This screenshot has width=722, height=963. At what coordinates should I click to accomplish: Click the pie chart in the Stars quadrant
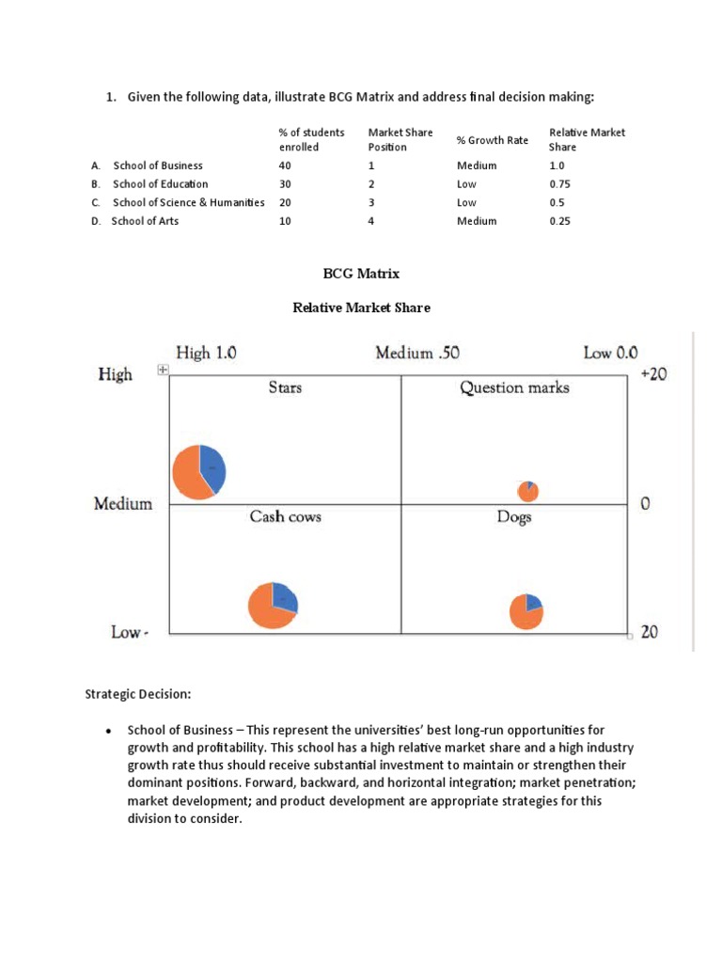coord(199,470)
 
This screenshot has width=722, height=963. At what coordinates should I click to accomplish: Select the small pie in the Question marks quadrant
coord(528,491)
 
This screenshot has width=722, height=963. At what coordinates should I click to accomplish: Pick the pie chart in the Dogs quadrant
coord(526,610)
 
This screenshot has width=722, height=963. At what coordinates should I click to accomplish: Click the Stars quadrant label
coord(285,387)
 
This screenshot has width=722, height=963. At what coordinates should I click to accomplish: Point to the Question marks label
coord(514,387)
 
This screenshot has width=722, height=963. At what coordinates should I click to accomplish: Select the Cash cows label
coord(285,516)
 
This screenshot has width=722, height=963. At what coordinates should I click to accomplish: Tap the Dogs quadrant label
coord(514,517)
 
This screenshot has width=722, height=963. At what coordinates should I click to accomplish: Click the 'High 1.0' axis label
coord(206,354)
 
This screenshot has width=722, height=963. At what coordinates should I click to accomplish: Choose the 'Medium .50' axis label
coord(417,354)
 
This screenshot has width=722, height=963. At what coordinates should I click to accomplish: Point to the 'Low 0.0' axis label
coord(610,354)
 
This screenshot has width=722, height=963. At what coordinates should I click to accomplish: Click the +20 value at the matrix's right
coord(653,374)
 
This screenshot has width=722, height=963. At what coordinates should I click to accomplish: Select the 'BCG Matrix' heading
coord(361,274)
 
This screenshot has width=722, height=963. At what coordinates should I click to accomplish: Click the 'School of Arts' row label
coord(145,221)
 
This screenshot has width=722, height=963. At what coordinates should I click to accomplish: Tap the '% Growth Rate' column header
coord(493,140)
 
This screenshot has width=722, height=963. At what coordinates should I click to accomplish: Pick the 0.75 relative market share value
coord(560,184)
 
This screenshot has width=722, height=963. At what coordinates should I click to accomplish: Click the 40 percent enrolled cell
coord(285,166)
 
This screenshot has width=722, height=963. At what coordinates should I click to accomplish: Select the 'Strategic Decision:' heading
coord(138,695)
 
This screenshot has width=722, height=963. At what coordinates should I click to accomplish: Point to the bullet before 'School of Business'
coord(109,731)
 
